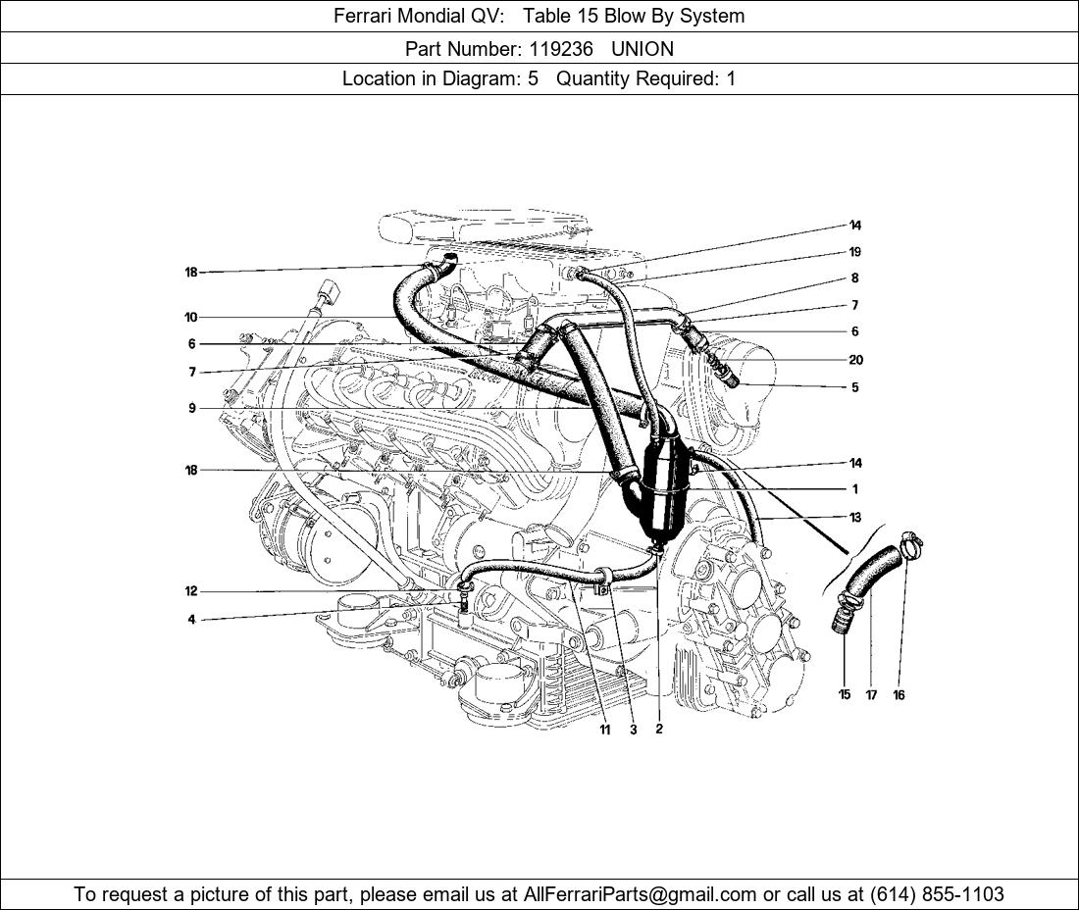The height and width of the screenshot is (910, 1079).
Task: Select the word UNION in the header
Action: coord(642,48)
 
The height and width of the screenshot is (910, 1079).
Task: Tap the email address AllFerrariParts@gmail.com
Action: coord(641,894)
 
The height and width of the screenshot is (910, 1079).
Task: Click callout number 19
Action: coord(855,252)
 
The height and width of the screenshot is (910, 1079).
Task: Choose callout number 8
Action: coord(855,278)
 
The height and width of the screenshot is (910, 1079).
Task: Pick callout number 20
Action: coord(855,360)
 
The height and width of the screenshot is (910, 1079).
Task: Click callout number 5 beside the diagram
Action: coord(855,387)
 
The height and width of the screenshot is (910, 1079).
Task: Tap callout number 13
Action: coord(855,517)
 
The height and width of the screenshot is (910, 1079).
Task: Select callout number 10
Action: coord(190,317)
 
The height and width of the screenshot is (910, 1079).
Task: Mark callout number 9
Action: coord(192,408)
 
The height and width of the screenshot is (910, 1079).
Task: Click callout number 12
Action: coord(190,591)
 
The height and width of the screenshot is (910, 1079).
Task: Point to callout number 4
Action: coord(192,620)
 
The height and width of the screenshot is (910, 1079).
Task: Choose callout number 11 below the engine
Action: coord(604,730)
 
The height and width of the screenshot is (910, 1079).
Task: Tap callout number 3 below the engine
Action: coord(634,730)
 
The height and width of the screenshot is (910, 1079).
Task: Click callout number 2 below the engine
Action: coord(659,730)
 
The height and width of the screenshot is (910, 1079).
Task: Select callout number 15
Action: coord(845,695)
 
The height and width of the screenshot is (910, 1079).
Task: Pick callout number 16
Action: coord(899,695)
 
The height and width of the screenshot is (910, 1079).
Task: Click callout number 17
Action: coord(871,695)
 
